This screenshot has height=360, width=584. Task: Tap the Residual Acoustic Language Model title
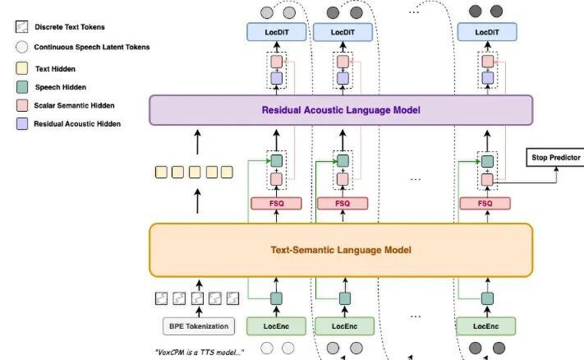[341, 109]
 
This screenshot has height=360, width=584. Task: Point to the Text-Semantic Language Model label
[341, 249]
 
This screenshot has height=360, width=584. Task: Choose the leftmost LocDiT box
[275, 31]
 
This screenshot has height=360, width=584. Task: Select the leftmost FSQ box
[276, 202]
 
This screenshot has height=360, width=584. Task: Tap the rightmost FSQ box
[485, 202]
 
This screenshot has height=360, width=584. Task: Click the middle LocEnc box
[345, 326]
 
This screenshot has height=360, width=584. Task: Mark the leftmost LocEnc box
[275, 326]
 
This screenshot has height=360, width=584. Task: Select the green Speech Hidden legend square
[21, 87]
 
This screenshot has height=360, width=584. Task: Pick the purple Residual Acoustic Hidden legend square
[21, 123]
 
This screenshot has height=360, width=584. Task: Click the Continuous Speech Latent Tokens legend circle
[21, 48]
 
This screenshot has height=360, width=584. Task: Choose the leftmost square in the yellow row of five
[161, 172]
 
